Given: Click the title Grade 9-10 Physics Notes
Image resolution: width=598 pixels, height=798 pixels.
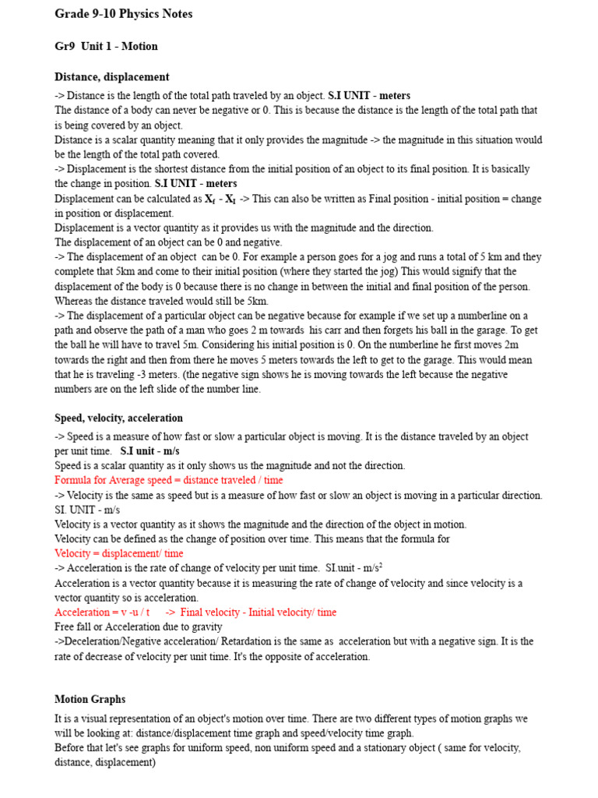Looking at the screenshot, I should [123, 14].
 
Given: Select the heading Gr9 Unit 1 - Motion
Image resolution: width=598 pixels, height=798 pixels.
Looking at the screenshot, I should [106, 46].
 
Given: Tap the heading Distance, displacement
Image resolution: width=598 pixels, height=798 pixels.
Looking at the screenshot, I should [111, 77].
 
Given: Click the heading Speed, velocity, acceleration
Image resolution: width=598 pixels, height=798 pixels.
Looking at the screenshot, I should [118, 418].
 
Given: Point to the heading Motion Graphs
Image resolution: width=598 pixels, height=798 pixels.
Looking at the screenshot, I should [90, 699].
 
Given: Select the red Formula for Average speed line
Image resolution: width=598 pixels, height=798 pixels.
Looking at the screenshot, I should [169, 481].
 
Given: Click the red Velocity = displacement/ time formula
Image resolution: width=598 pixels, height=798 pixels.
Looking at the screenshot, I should [119, 553].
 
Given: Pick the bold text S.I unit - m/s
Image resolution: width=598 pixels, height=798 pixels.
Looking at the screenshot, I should [149, 451].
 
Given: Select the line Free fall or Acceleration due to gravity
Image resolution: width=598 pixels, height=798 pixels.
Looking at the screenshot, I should [138, 627].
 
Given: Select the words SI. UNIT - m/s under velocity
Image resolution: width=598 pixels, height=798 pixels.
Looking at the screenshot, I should [87, 510].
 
